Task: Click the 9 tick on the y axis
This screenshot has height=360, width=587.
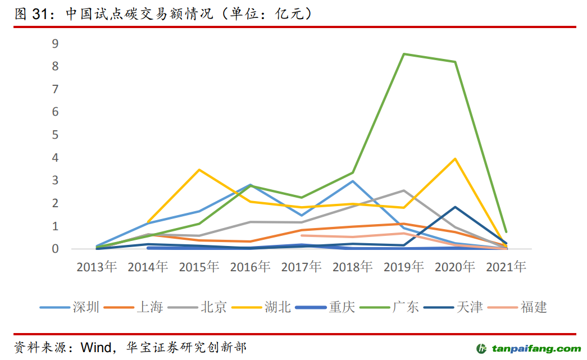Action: click(x=55, y=44)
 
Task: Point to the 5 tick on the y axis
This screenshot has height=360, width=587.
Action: click(x=55, y=135)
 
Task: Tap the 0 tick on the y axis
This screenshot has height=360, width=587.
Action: click(x=55, y=249)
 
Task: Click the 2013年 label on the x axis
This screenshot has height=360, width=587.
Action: click(x=97, y=267)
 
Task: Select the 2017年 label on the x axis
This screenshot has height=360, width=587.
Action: click(x=301, y=267)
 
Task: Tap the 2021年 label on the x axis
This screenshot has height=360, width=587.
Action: click(x=506, y=267)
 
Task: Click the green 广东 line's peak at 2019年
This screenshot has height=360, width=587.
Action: click(x=404, y=54)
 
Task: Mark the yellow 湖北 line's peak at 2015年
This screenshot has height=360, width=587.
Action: click(x=199, y=170)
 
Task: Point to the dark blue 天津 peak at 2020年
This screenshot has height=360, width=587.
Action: click(x=455, y=207)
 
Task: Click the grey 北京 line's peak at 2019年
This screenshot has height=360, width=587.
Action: click(x=404, y=190)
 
